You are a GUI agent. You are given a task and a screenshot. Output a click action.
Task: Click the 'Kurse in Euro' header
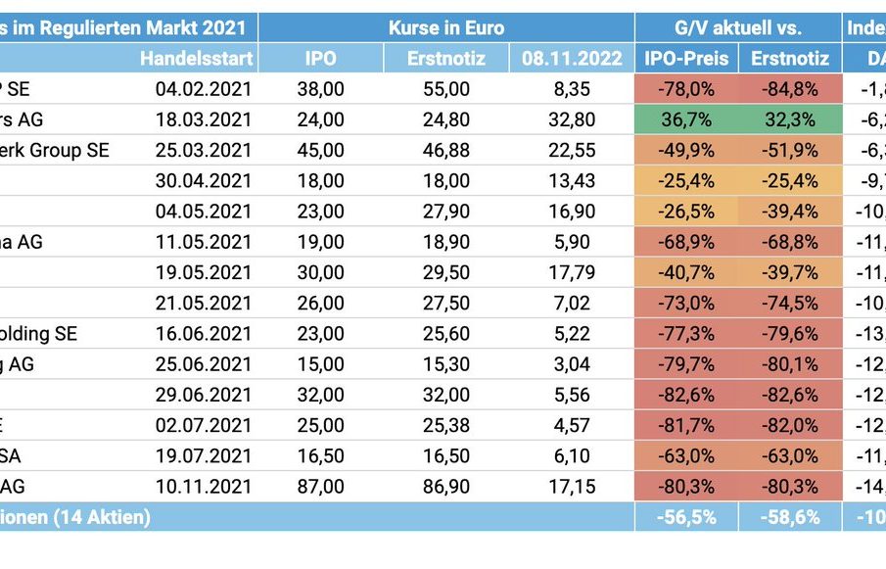[445, 27]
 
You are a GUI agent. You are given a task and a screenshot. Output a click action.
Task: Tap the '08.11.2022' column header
[572, 58]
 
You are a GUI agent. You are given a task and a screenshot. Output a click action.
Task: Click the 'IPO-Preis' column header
[686, 58]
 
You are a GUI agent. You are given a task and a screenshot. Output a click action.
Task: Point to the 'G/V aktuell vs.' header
[737, 27]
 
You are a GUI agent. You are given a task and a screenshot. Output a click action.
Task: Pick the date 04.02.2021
[203, 89]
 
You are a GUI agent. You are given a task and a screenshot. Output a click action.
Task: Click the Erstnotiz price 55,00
[446, 89]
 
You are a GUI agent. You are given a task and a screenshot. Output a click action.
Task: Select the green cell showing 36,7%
[686, 119]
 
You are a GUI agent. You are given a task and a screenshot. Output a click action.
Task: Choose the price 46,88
[446, 151]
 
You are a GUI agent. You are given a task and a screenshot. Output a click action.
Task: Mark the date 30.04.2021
[203, 181]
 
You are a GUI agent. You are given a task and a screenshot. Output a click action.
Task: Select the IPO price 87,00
[320, 487]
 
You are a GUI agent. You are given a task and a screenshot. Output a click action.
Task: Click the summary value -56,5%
[686, 517]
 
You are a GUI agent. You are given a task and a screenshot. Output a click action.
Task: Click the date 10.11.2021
[203, 487]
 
